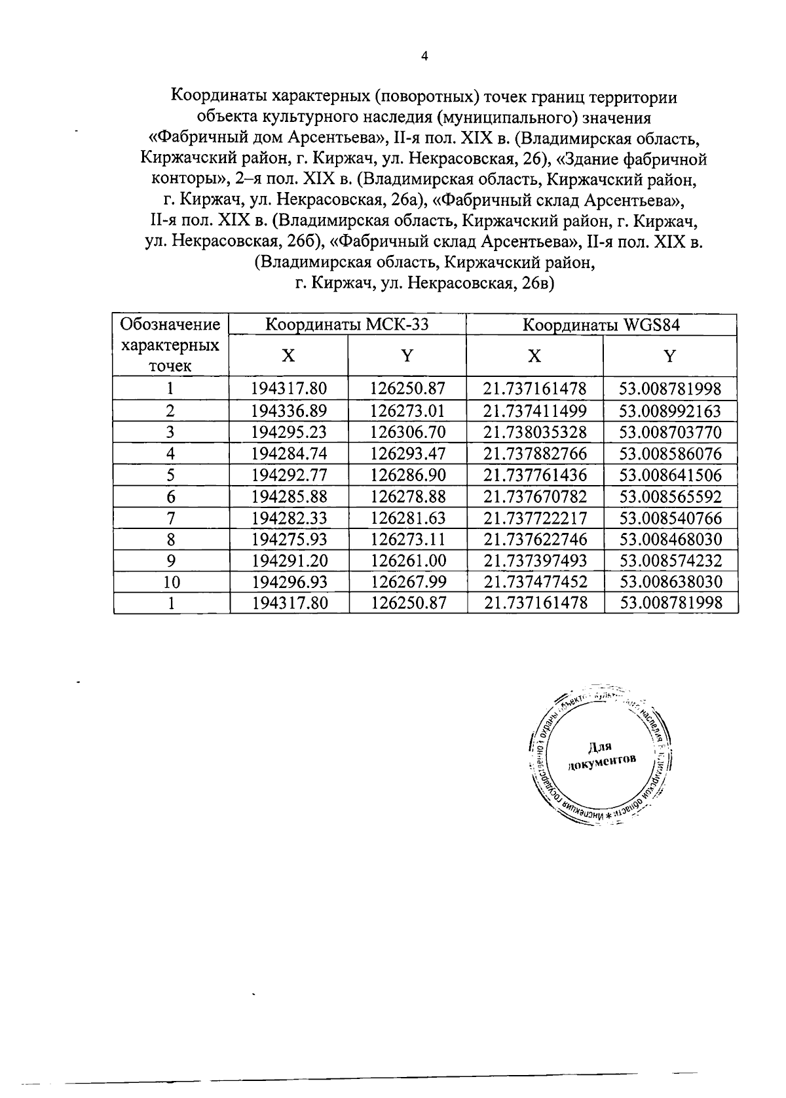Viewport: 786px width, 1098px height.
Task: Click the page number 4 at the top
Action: click(x=424, y=57)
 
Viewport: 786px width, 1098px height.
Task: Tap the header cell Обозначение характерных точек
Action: click(x=170, y=345)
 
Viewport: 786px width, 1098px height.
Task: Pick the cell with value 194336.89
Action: click(x=289, y=411)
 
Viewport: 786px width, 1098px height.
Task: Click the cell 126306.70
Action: click(x=407, y=433)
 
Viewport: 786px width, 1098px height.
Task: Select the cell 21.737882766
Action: click(x=535, y=454)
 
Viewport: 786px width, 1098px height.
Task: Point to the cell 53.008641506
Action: click(x=670, y=475)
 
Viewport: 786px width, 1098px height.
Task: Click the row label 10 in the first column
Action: click(x=170, y=582)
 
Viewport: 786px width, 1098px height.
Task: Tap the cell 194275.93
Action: click(x=289, y=539)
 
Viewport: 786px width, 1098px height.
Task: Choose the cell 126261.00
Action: click(x=407, y=561)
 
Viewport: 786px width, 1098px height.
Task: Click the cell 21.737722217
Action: click(x=535, y=519)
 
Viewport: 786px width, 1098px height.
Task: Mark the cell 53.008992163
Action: click(x=670, y=411)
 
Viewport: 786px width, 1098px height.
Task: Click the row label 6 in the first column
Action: click(x=170, y=497)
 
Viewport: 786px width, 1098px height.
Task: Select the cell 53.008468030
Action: click(x=670, y=539)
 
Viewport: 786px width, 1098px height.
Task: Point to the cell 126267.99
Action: click(x=407, y=582)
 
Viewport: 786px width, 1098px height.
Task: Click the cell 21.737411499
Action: click(x=535, y=411)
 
